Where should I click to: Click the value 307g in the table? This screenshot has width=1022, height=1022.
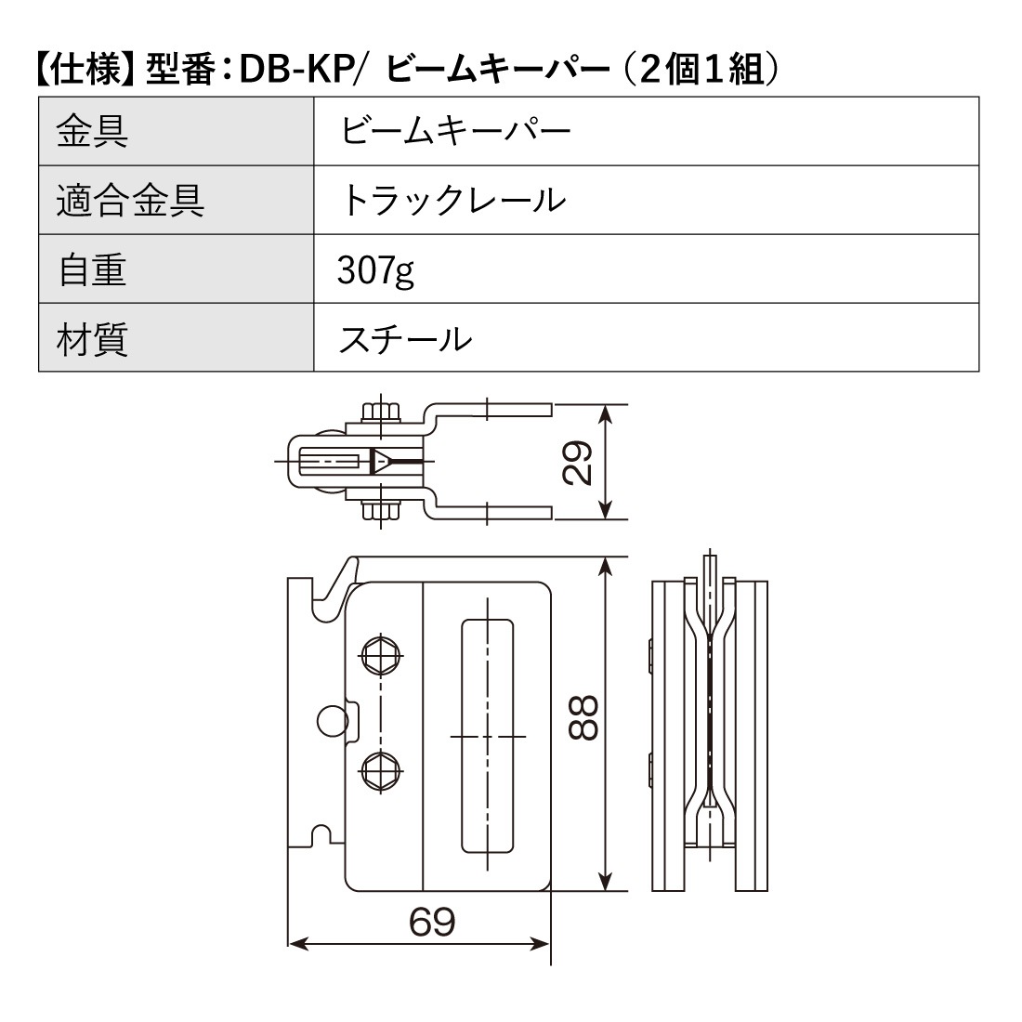tap(375, 270)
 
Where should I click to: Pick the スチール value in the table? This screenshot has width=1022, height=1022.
tap(405, 338)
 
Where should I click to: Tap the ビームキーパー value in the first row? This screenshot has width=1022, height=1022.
tap(455, 131)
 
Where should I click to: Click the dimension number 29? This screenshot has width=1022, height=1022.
tap(578, 462)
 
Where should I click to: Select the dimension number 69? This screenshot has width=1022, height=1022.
tap(432, 922)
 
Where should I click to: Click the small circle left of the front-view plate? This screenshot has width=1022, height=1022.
tap(330, 719)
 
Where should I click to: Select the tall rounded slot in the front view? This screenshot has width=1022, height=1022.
tap(487, 735)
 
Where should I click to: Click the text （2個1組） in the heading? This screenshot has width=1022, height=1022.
tap(701, 71)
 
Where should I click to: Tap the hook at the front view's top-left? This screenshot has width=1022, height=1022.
tap(336, 585)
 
